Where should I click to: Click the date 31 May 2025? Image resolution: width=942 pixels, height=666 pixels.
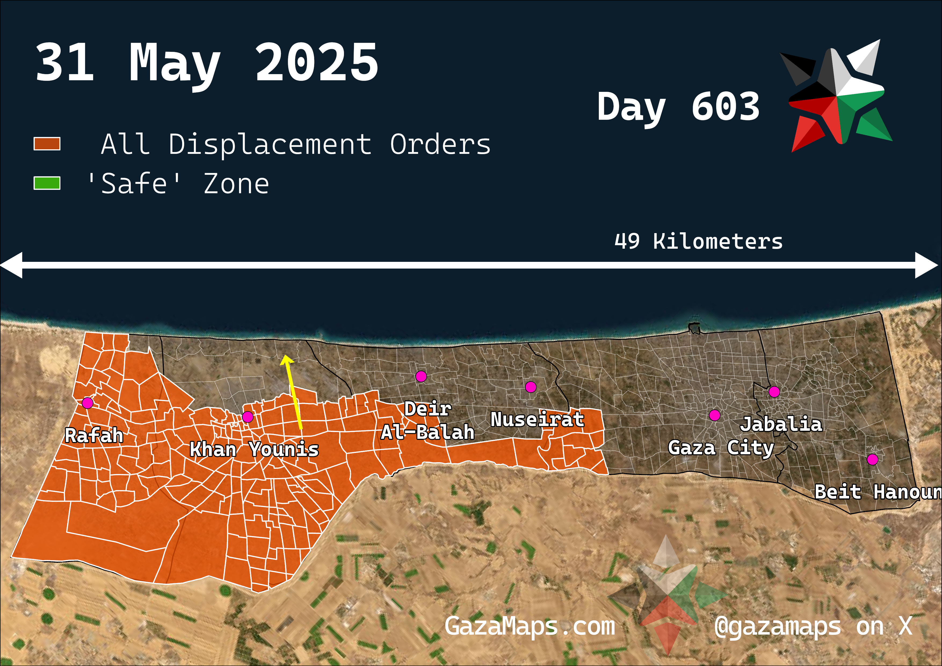pos(206,64)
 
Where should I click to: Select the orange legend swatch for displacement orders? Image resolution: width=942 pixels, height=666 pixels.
pos(47,144)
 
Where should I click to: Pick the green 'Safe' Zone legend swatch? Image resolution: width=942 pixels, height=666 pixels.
pos(47,183)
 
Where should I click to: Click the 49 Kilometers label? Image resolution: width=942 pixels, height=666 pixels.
pos(698,241)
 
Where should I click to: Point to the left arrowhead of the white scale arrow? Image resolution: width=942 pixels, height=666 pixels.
pos(12,265)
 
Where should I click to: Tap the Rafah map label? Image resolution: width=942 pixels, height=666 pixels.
pos(94,435)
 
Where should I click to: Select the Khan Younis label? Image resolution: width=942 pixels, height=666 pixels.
pos(254,449)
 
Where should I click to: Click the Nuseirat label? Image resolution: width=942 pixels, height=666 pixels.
pos(537,419)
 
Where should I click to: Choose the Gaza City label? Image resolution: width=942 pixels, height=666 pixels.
pos(721,448)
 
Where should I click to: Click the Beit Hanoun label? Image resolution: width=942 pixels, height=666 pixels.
pos(877,492)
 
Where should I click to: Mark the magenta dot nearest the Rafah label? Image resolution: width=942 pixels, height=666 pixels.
pos(87,403)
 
